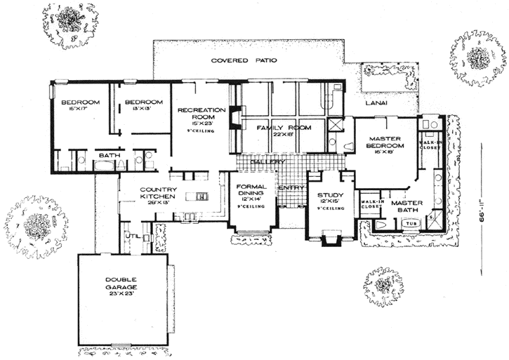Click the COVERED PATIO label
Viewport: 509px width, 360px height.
click(244, 62)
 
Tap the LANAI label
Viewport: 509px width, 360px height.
click(376, 103)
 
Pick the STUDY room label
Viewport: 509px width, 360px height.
click(329, 195)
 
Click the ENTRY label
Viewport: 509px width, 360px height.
click(290, 188)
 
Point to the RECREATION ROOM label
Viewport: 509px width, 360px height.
click(201, 114)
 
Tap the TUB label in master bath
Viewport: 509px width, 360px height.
click(409, 225)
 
